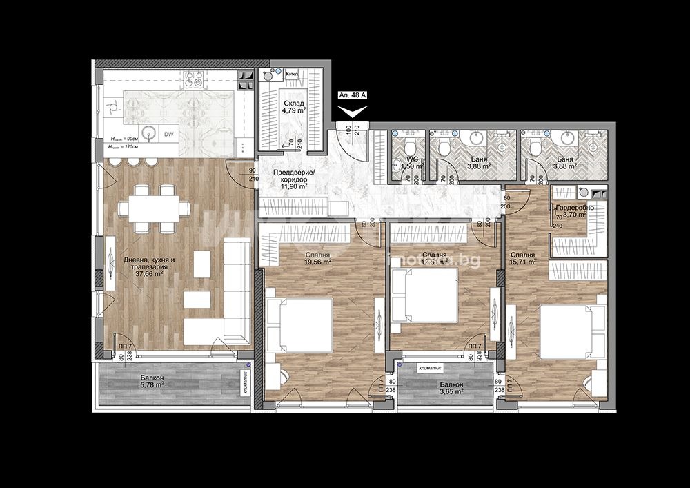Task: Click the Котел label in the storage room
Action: click(x=291, y=73)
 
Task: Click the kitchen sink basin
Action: click(x=147, y=133)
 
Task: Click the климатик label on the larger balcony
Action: click(x=245, y=380)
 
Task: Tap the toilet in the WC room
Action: click(x=408, y=146)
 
